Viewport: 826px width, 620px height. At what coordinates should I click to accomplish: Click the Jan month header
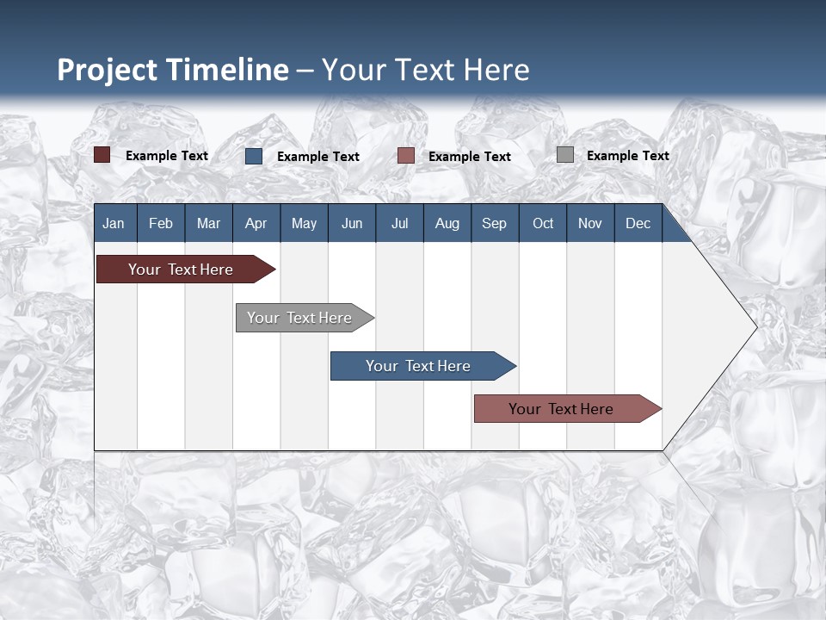click(x=114, y=223)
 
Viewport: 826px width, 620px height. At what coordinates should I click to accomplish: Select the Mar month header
click(x=208, y=223)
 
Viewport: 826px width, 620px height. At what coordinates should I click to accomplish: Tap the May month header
click(x=304, y=223)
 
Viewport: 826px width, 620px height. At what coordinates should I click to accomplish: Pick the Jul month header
click(x=399, y=223)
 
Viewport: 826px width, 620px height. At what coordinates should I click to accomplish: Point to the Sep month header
click(x=494, y=223)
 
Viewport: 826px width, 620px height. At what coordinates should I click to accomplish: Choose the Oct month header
click(x=543, y=223)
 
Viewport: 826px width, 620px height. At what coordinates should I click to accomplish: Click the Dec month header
click(x=638, y=223)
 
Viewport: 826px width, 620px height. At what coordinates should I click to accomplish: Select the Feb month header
click(x=161, y=223)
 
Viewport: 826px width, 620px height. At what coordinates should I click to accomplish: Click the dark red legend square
click(x=102, y=155)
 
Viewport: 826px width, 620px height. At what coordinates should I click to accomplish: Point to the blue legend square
click(x=254, y=156)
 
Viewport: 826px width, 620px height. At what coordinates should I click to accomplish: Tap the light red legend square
click(x=406, y=156)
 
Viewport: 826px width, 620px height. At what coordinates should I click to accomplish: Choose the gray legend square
click(x=565, y=155)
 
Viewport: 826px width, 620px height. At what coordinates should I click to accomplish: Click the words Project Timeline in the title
click(x=173, y=70)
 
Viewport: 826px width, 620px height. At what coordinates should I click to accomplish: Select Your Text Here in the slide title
click(x=426, y=70)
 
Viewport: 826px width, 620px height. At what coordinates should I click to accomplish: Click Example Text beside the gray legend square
click(x=627, y=156)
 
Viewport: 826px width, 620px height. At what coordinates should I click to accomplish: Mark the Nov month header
click(x=590, y=223)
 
